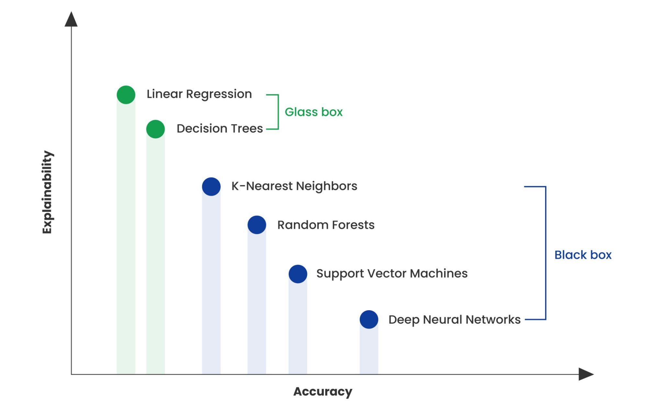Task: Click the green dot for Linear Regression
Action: point(126,95)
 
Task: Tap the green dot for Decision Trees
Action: point(155,129)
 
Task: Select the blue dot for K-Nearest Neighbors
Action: point(211,186)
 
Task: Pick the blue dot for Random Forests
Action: point(257,225)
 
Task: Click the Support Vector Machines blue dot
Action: point(298,274)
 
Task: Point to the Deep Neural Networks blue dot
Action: point(369,320)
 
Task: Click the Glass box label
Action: point(313,112)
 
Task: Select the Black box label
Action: point(583,255)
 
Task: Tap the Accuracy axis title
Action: point(322,391)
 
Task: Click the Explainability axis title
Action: point(47,192)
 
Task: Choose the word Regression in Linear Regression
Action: point(219,94)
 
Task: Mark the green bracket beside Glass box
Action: point(278,112)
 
